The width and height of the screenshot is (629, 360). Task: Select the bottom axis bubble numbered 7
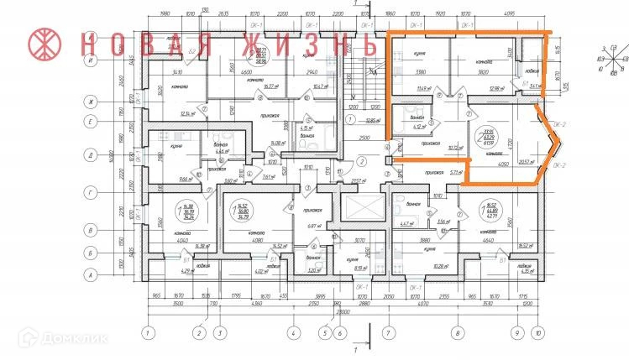click(x=389, y=332)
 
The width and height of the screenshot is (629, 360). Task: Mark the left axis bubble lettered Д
click(x=89, y=154)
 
